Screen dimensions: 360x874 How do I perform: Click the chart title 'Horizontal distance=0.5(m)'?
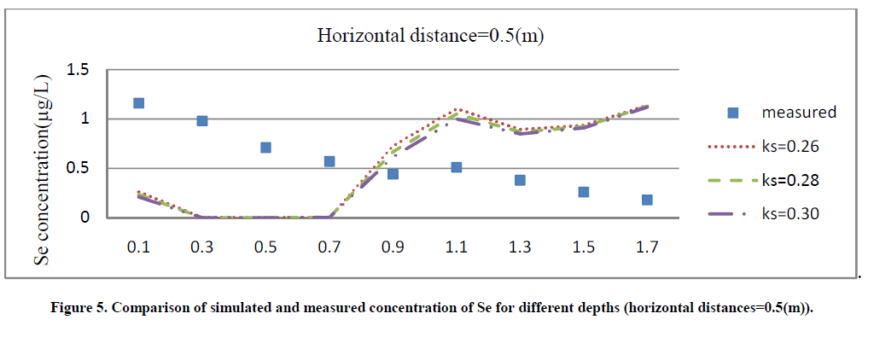tap(432, 35)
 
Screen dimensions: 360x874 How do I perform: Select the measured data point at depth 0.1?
tap(138, 103)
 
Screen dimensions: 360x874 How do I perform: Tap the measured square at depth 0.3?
tap(202, 121)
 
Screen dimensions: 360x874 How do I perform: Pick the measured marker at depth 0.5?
tap(265, 148)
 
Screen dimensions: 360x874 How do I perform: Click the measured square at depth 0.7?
tap(329, 161)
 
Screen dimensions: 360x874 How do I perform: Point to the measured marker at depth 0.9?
tap(393, 174)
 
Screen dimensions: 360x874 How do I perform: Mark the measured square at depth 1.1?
tap(457, 167)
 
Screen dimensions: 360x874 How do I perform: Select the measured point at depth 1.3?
tap(520, 180)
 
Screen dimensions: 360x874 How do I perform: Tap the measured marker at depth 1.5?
tap(584, 192)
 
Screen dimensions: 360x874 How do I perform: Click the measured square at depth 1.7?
tap(647, 200)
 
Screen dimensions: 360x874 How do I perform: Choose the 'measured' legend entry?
tap(798, 112)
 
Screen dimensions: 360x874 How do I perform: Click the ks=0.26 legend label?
tap(790, 147)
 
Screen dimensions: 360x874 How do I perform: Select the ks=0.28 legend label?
tap(790, 180)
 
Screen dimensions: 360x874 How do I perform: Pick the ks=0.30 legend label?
tap(790, 214)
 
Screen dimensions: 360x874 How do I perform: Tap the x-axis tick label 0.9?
tap(393, 247)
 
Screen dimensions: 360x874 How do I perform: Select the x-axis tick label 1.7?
tap(647, 247)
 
